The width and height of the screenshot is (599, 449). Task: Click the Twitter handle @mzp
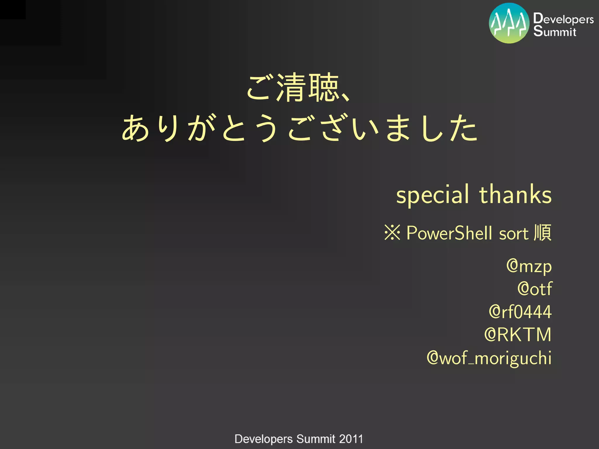coord(529,267)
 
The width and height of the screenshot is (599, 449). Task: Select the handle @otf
coord(535,289)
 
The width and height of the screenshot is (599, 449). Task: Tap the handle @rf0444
coord(520,312)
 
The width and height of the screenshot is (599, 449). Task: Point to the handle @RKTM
coord(518,335)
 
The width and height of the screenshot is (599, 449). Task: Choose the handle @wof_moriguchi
coord(489,358)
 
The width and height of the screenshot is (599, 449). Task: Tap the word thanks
coord(515,194)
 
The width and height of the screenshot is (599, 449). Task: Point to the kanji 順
coord(543,233)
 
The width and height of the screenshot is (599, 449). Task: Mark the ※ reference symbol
coord(392,233)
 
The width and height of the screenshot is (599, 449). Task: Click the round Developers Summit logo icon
coord(509,23)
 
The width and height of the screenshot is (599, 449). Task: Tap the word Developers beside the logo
coord(563,19)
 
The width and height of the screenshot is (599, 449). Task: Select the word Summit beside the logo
coord(555,31)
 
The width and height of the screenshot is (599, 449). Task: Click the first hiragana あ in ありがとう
coord(135,128)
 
